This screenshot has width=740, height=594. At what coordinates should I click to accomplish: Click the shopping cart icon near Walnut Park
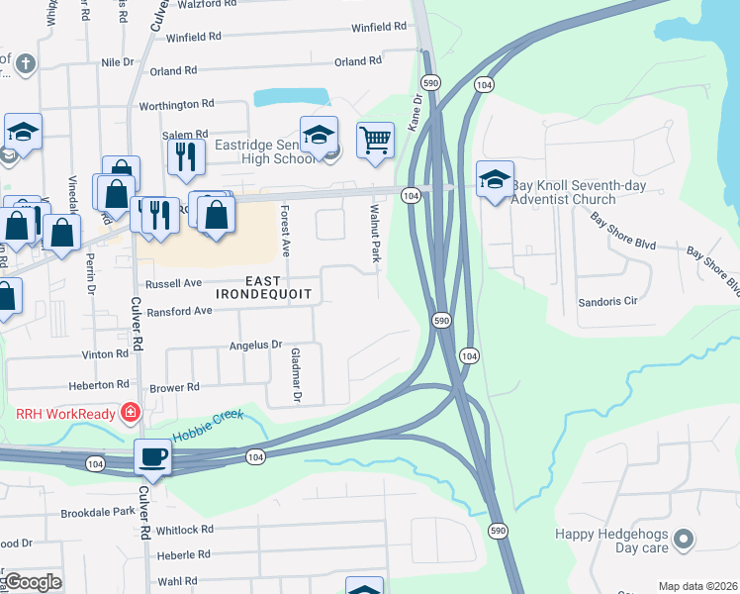pos(375,140)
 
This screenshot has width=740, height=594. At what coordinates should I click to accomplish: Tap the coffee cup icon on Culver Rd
pos(153,456)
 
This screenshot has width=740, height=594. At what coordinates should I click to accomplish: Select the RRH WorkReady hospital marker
pos(130,411)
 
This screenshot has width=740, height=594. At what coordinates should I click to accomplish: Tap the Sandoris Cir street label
pos(607,300)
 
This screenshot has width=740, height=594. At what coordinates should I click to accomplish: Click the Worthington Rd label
pos(176,104)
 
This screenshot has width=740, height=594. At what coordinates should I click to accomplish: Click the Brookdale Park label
pos(97,512)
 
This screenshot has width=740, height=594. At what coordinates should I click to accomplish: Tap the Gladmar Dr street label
pos(295,375)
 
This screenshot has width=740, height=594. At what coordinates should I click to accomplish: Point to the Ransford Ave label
pos(179,311)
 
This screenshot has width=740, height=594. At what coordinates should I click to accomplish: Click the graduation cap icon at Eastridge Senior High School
pos(320,134)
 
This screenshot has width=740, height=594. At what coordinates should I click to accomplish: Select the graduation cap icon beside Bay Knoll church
pos(495,178)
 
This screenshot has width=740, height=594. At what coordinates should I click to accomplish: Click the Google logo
pos(33,582)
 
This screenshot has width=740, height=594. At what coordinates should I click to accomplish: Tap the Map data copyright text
pos(697,586)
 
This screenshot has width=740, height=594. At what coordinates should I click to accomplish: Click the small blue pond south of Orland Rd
pos(291,97)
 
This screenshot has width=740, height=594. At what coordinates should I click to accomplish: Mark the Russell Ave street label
pos(173,282)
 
